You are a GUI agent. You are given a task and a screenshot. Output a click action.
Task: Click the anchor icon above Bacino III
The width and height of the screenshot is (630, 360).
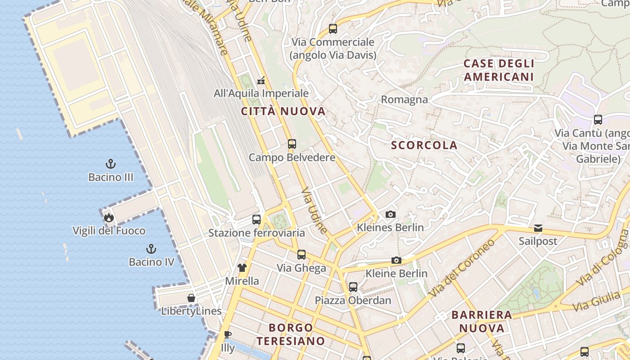tap(111, 164)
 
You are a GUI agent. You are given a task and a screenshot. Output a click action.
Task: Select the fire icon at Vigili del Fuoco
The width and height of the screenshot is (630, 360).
tap(108, 218)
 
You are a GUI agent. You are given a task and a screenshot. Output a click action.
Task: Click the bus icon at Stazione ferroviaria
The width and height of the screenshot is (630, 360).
tap(256, 220)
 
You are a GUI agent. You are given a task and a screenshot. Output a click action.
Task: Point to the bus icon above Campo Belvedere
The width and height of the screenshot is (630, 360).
tap(292, 144)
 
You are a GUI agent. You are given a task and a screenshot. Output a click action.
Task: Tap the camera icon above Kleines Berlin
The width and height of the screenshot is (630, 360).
tap(391, 214)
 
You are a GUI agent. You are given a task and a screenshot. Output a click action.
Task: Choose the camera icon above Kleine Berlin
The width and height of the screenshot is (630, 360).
tap(396, 260)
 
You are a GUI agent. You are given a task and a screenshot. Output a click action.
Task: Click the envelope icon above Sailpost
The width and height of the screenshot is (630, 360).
tap(538, 228)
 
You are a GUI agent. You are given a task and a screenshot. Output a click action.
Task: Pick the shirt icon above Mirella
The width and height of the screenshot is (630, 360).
tap(242, 268)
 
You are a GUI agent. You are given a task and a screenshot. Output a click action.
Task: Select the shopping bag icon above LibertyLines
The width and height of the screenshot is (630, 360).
tap(191, 298)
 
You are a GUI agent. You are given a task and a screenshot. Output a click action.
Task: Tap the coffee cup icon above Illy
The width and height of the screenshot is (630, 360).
tap(228, 334)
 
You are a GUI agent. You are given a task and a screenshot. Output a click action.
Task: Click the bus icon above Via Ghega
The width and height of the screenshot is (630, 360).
tap(301, 255)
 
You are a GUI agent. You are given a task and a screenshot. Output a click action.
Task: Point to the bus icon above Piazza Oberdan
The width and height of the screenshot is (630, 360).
tap(353, 287)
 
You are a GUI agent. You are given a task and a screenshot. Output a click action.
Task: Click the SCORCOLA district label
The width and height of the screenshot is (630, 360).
tap(424, 145)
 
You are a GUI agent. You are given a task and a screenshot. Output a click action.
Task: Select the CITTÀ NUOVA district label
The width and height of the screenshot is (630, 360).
tap(283, 112)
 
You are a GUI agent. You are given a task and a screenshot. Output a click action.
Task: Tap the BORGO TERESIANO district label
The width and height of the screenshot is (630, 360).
tap(291, 334)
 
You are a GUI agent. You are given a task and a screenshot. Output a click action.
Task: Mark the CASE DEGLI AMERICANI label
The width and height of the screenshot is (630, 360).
tap(499, 70)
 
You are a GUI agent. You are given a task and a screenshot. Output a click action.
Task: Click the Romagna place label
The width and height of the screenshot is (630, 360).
tap(404, 99)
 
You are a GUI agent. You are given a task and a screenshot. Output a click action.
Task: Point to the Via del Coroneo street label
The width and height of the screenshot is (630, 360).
tap(462, 267)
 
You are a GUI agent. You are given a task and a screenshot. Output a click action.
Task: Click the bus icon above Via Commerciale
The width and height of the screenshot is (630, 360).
tap(333, 29)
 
